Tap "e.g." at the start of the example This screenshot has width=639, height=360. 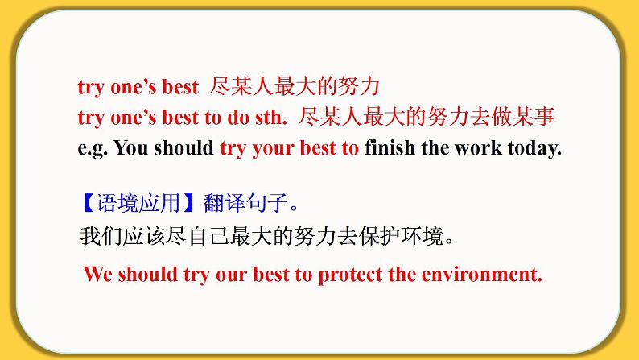pos(93,149)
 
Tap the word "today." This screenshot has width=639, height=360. pos(531,149)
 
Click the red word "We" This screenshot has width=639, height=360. pos(97,274)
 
